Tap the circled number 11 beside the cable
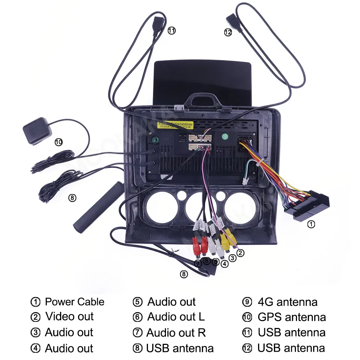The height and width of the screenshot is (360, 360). [x=172, y=31]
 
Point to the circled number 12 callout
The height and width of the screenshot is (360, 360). [x=228, y=32]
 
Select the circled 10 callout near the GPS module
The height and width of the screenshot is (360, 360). [x=58, y=142]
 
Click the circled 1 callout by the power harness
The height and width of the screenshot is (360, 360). [x=311, y=224]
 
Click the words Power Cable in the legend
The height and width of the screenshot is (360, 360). [x=75, y=302]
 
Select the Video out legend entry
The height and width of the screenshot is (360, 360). [x=69, y=317]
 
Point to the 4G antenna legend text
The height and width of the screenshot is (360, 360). [x=287, y=302]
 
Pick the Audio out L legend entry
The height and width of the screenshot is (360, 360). [x=176, y=317]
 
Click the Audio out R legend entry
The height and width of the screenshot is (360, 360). [x=176, y=333]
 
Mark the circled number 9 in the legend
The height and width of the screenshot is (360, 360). [x=247, y=302]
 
